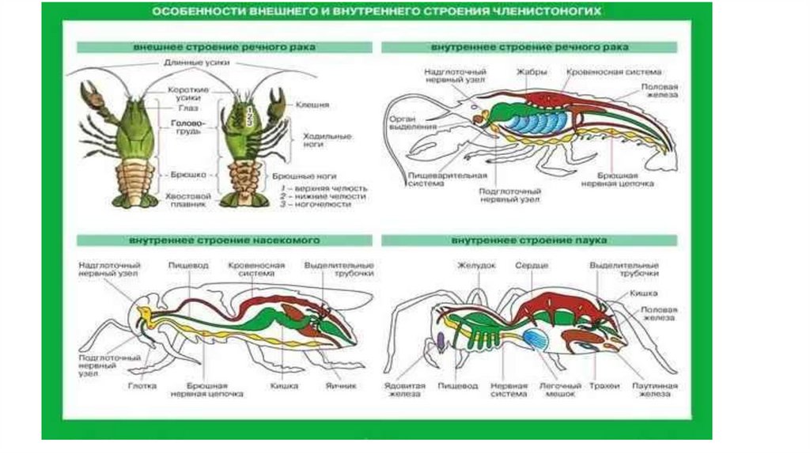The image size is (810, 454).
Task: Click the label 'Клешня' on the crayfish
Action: [x=312, y=104]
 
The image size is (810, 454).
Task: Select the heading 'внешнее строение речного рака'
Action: [x=225, y=47]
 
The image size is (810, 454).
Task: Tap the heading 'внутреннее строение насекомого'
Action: [x=225, y=239]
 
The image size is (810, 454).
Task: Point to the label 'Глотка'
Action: [x=143, y=386]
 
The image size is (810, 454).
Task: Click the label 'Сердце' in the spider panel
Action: [x=532, y=266]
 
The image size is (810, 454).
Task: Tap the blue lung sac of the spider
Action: [x=537, y=339]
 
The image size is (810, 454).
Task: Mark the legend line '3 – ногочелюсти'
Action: [x=324, y=204]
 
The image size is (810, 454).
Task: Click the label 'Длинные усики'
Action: [x=188, y=63]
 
